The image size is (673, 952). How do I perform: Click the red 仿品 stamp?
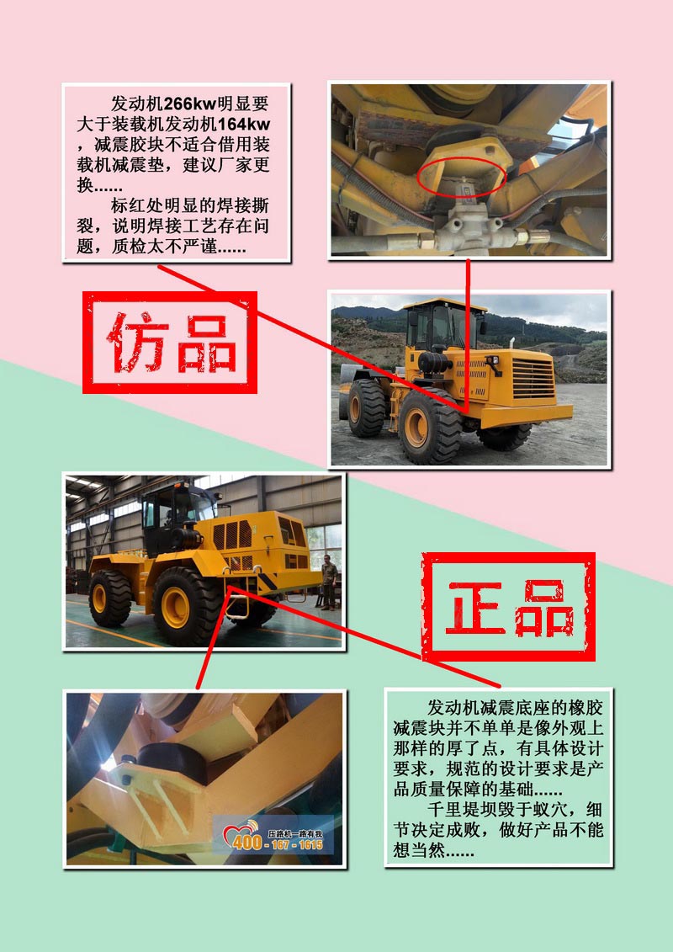coord(170,343)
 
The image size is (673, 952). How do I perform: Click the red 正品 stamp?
coord(509,607)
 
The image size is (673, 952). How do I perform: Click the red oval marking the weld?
coord(462,177)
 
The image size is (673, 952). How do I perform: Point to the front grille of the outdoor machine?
coord(533,378)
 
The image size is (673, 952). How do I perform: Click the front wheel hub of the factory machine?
coord(175,607)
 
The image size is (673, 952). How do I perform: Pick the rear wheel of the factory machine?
coord(110,598)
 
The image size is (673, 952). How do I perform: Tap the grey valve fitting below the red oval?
coord(467,226)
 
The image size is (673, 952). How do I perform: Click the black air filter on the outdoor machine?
coord(435,363)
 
